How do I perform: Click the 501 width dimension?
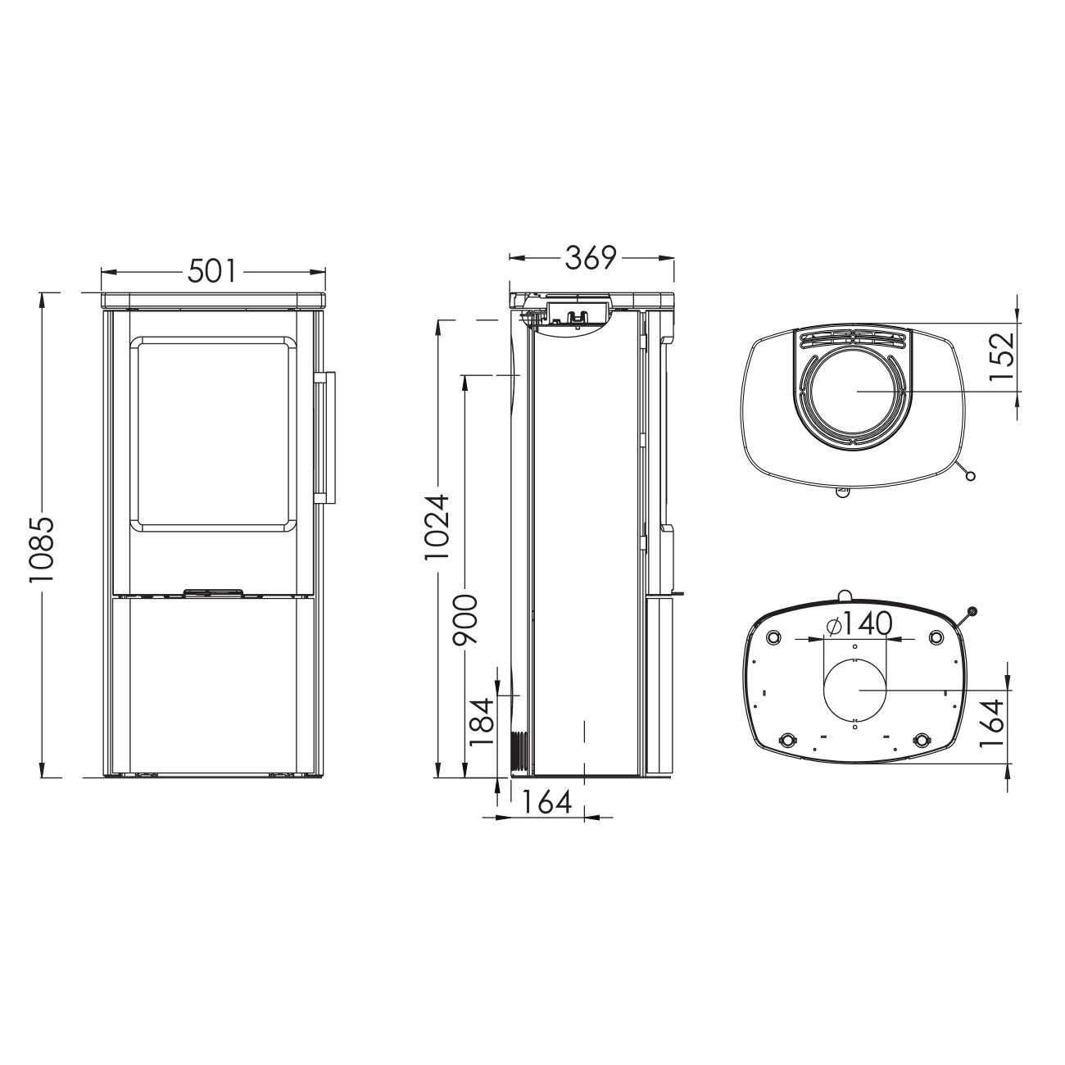213,271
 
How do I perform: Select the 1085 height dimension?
42,550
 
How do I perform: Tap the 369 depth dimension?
591,257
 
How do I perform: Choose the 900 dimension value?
465,619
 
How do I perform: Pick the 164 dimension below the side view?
546,803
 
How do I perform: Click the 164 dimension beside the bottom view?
991,723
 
